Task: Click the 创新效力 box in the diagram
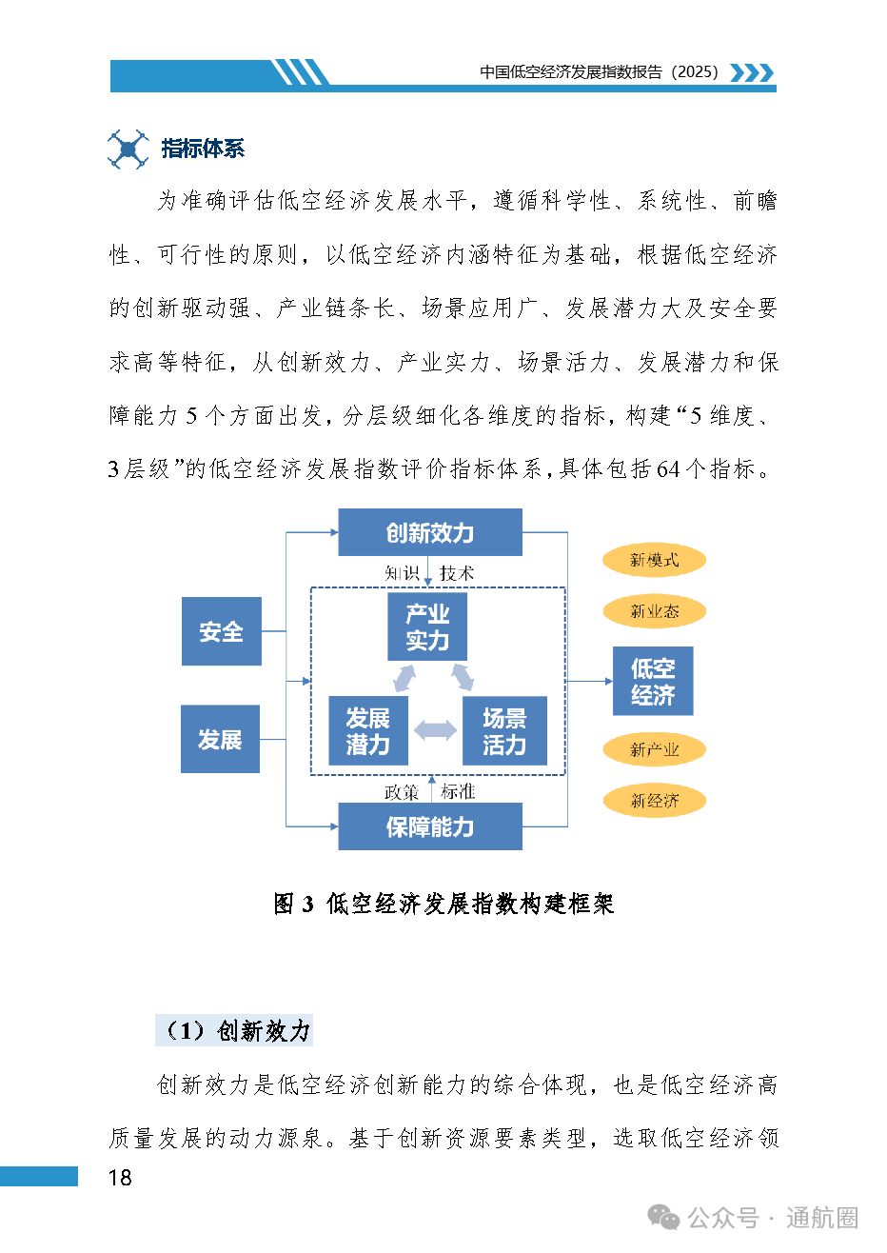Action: pos(430,532)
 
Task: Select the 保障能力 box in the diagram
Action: pos(430,826)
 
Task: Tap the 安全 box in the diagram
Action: pos(221,631)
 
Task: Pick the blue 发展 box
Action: pos(220,739)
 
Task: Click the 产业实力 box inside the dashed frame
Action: pos(427,626)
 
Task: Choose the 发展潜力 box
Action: pos(367,731)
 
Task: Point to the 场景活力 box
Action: pos(504,731)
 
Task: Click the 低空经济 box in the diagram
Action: pos(653,682)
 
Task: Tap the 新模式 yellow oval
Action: pos(654,561)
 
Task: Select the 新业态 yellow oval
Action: pos(654,612)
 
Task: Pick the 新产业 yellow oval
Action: pos(654,750)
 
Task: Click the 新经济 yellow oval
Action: pos(654,801)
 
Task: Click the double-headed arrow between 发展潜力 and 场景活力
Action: pos(436,731)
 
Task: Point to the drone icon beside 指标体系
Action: pos(128,149)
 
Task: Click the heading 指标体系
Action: pos(203,149)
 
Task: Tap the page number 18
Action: pos(120,1178)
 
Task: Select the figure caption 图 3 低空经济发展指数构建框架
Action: pos(443,904)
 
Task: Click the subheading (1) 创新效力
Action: pos(234,1030)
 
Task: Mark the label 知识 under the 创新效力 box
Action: pos(402,573)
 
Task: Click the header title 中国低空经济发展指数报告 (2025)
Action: pos(600,72)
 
